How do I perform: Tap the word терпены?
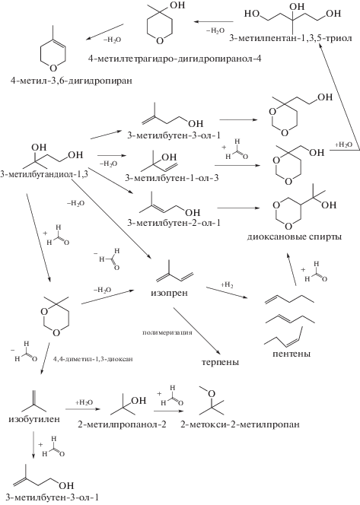[x=221, y=362]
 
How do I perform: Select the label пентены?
[x=292, y=354]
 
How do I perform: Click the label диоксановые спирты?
[x=295, y=237]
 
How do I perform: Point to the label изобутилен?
[x=34, y=419]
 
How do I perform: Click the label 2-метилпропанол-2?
[x=122, y=424]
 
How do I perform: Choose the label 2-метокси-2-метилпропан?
[x=240, y=424]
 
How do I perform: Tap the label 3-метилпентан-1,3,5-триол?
[x=288, y=38]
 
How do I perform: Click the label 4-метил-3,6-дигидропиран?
[x=72, y=80]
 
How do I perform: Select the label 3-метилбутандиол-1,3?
[x=44, y=174]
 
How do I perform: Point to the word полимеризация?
[x=167, y=332]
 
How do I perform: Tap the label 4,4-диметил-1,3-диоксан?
[x=92, y=358]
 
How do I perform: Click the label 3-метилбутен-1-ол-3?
[x=172, y=177]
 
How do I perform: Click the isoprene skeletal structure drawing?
[x=174, y=272]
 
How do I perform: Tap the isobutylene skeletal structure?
[x=34, y=401]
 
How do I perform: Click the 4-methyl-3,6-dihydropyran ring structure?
[x=53, y=50]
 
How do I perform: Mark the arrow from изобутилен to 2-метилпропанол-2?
[x=81, y=409]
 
